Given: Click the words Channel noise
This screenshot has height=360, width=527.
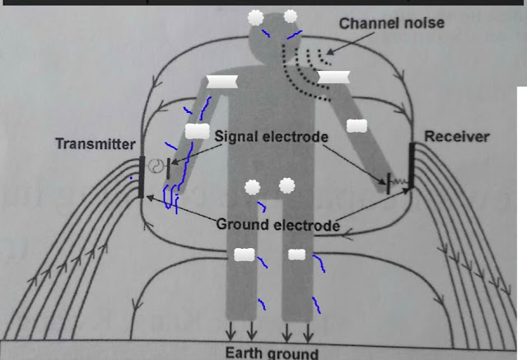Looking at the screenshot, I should [391, 23].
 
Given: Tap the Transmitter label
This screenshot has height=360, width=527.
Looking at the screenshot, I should [95, 144].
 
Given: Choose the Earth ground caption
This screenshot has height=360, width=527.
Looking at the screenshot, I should [271, 353].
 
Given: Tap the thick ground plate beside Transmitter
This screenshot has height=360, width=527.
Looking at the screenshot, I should [142, 177].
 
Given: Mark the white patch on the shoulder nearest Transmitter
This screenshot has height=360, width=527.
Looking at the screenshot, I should [222, 82].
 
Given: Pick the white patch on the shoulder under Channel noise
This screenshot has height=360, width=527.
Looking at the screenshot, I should [334, 77].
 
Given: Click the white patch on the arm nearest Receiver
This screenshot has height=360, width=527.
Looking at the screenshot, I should [357, 125].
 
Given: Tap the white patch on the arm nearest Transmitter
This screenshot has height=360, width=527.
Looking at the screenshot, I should [197, 130].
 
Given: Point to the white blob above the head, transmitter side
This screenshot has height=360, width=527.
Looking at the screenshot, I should [256, 16].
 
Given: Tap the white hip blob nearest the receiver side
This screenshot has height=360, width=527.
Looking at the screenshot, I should [287, 185].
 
